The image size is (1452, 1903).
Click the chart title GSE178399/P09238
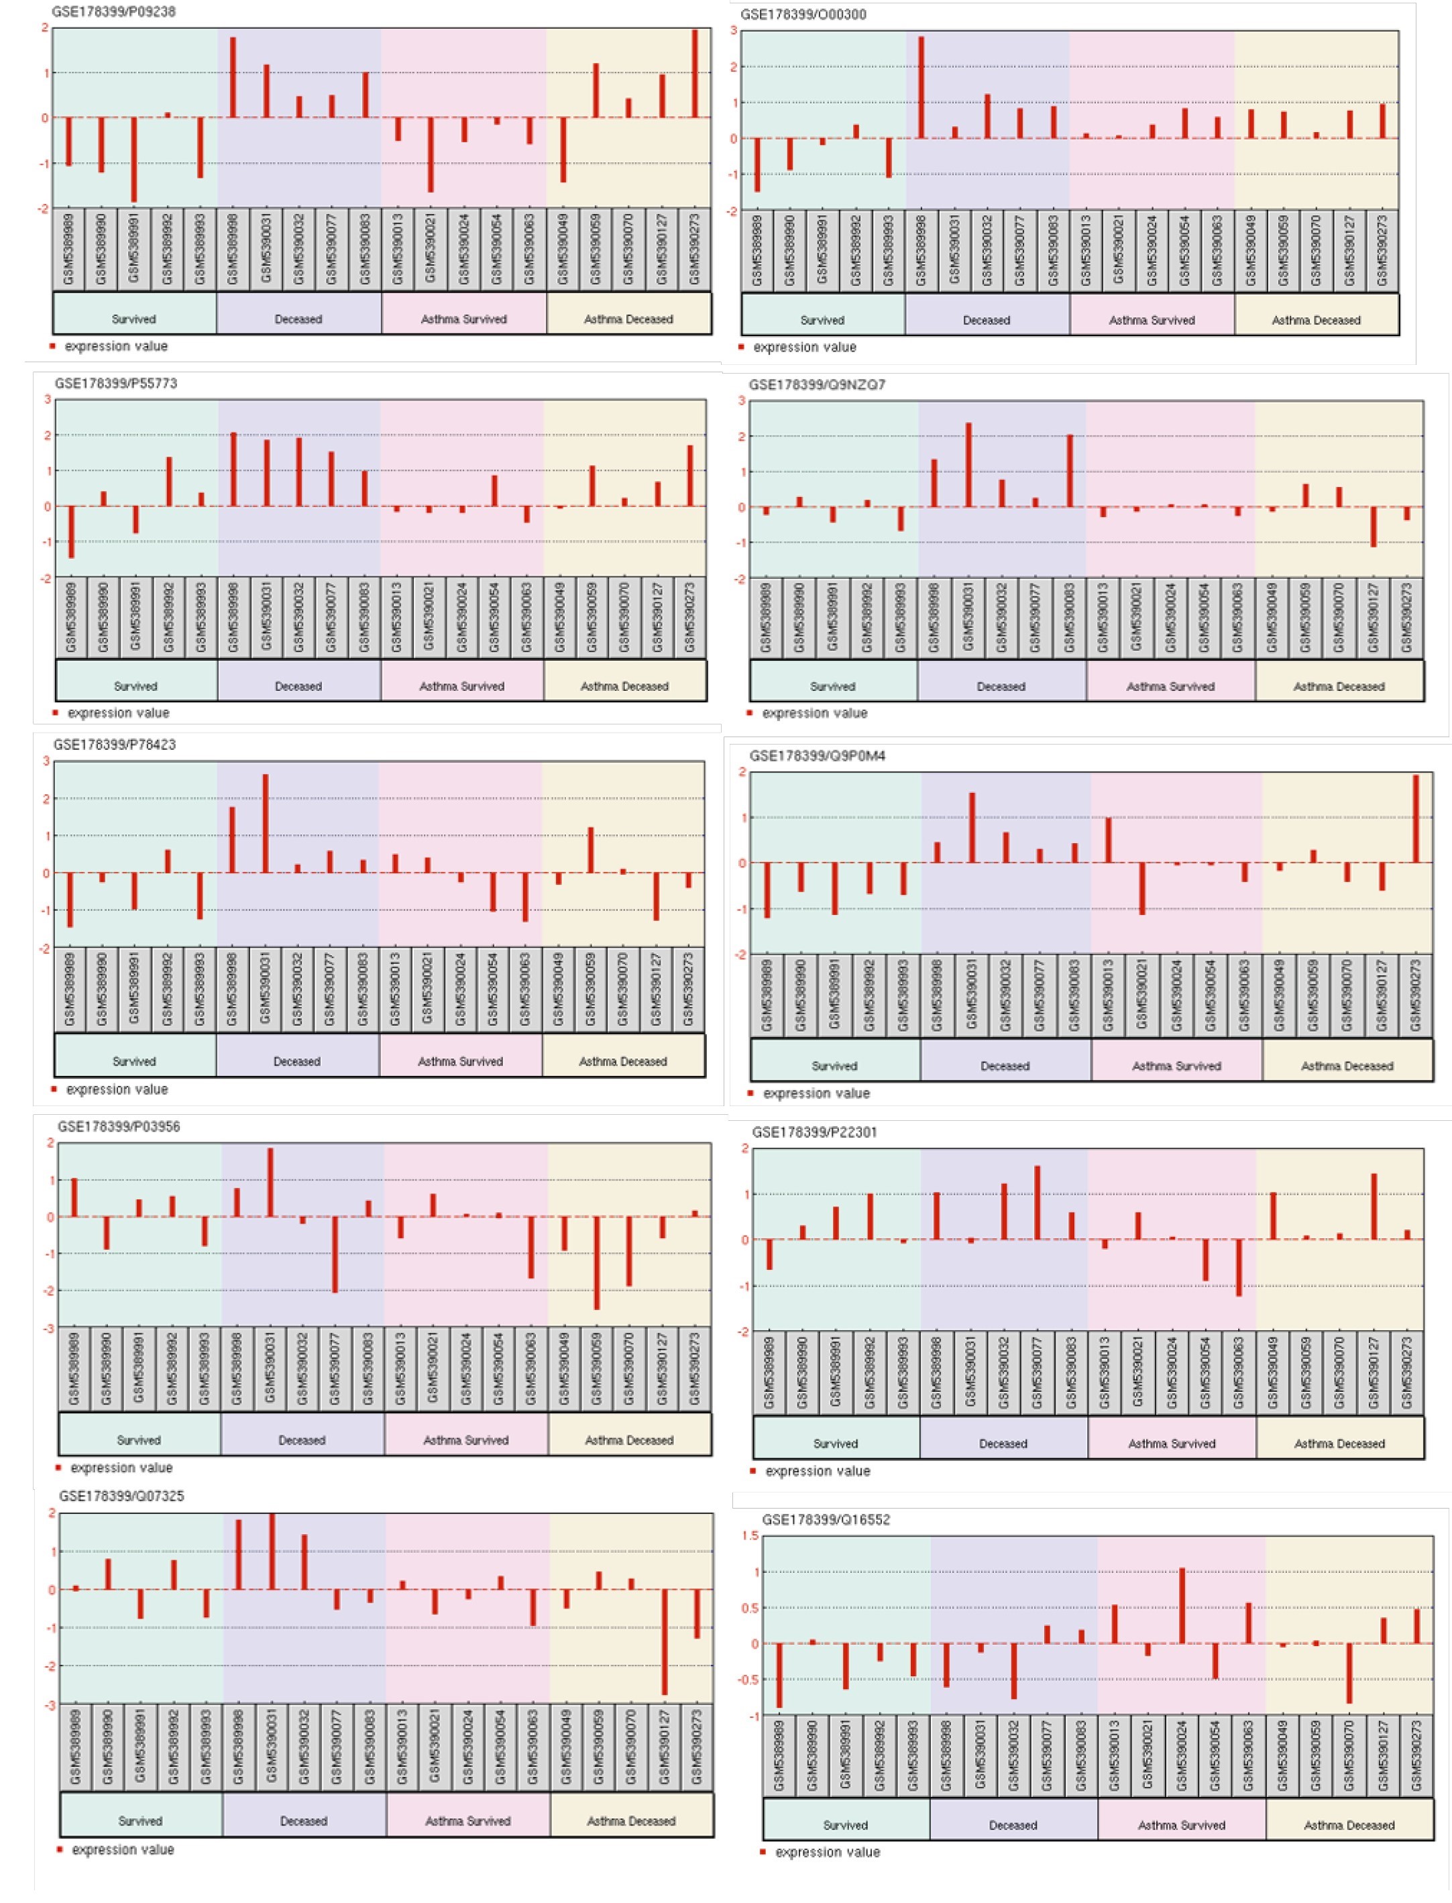[113, 11]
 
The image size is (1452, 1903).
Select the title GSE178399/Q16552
[826, 1519]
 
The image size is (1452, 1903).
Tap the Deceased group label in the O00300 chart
[986, 320]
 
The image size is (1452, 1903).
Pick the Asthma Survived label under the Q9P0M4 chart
[1176, 1066]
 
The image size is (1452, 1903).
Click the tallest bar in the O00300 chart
[922, 87]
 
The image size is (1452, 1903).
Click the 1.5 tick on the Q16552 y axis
[750, 1535]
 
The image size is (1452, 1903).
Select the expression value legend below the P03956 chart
[121, 1468]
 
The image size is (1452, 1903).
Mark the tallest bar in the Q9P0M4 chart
[1416, 818]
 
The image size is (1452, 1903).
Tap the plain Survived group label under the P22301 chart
[835, 1444]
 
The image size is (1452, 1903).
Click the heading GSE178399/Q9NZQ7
[817, 384]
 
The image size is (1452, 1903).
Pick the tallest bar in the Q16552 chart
[1182, 1606]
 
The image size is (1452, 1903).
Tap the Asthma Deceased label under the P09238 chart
[628, 319]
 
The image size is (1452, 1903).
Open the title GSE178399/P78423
[114, 744]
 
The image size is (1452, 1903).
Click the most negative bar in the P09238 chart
[134, 159]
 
